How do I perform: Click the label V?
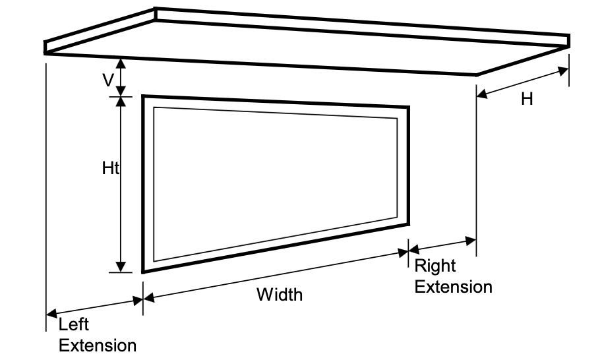click(107, 80)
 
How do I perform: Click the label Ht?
click(110, 168)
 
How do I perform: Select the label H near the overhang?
click(527, 99)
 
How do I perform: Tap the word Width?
click(280, 294)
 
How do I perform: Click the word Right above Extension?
click(435, 266)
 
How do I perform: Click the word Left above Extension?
click(73, 324)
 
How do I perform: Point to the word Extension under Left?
click(98, 345)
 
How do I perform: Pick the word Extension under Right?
click(453, 287)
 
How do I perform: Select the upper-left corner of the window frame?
click(143, 96)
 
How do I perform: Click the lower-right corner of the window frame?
click(408, 224)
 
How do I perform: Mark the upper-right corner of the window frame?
click(408, 106)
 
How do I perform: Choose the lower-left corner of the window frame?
click(143, 272)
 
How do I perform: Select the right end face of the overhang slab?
click(569, 41)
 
